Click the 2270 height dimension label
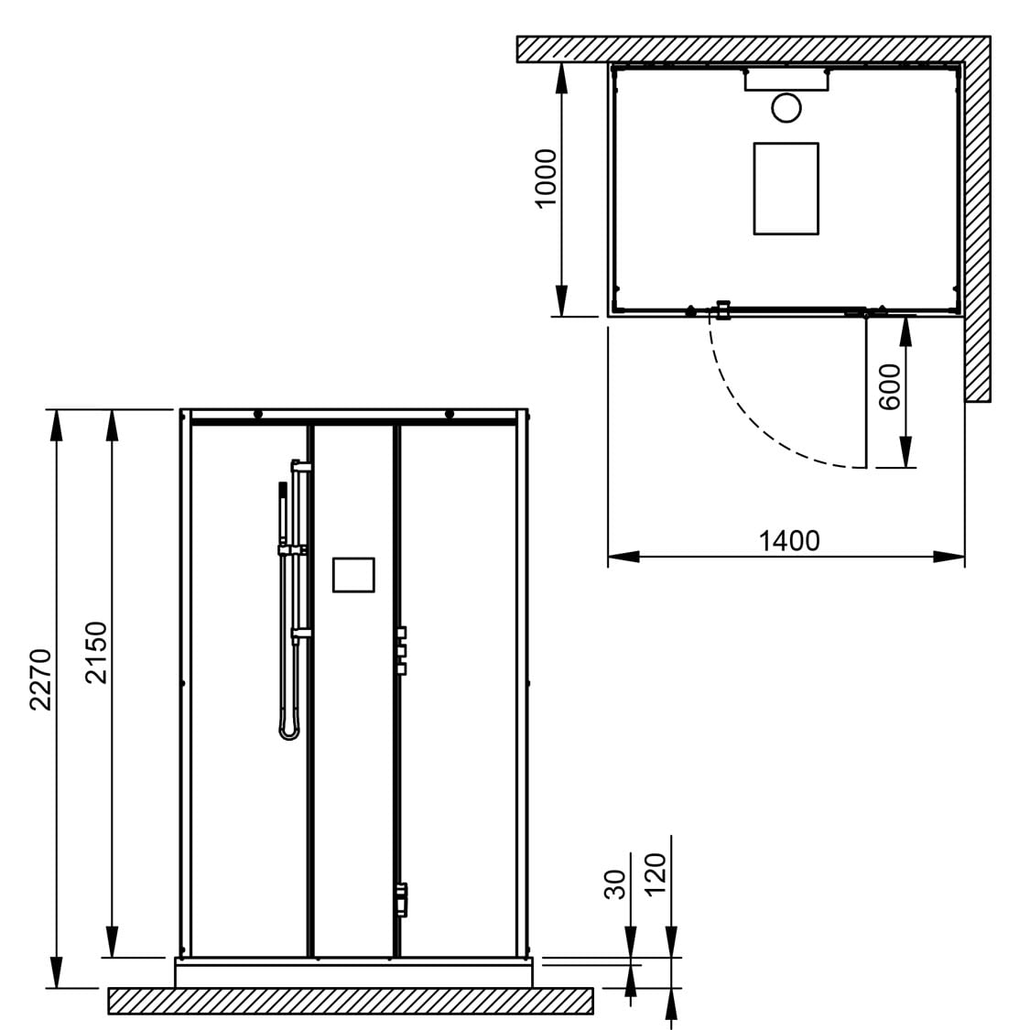click(40, 679)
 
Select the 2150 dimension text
click(96, 652)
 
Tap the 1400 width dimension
click(789, 540)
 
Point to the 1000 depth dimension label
click(546, 179)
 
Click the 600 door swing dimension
click(889, 387)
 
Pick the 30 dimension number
click(615, 884)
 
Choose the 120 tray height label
click(656, 874)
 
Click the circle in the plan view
click(786, 108)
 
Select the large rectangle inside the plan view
click(786, 189)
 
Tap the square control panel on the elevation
click(353, 575)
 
